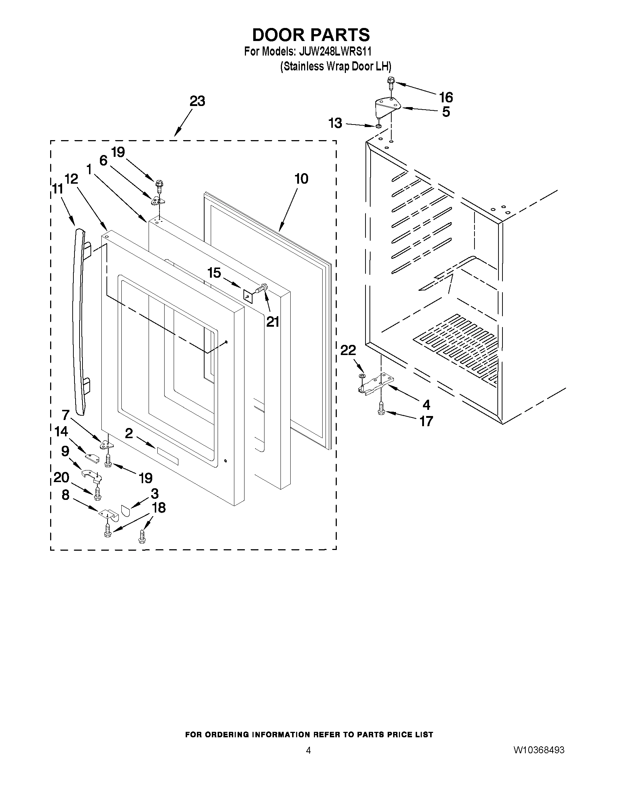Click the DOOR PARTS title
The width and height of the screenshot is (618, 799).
(x=311, y=35)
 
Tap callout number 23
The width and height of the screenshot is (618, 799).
(x=197, y=101)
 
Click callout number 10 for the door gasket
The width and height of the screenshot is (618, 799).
(x=301, y=179)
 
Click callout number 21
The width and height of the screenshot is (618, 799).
(x=272, y=322)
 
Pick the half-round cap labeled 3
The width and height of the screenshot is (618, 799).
(x=125, y=511)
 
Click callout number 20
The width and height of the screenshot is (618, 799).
(x=61, y=477)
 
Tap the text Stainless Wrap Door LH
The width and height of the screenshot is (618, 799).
(x=335, y=66)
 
